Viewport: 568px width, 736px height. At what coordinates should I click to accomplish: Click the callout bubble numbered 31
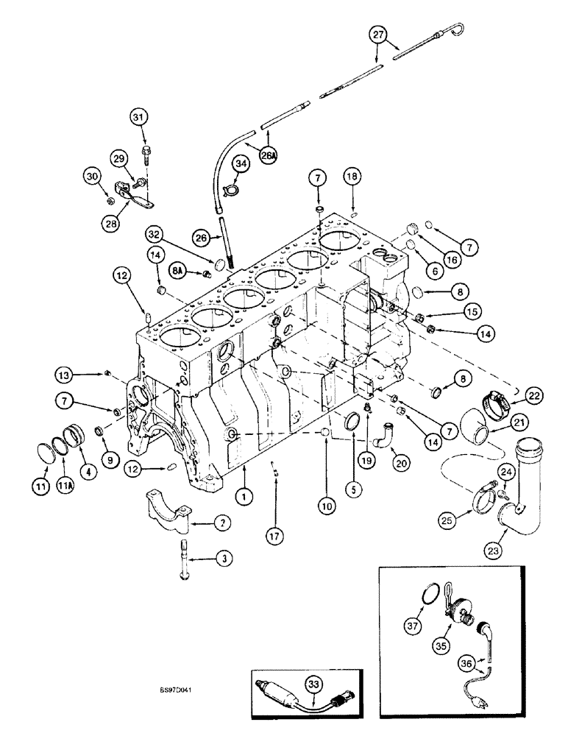139,116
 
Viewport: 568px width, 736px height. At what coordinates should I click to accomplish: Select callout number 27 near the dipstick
377,35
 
